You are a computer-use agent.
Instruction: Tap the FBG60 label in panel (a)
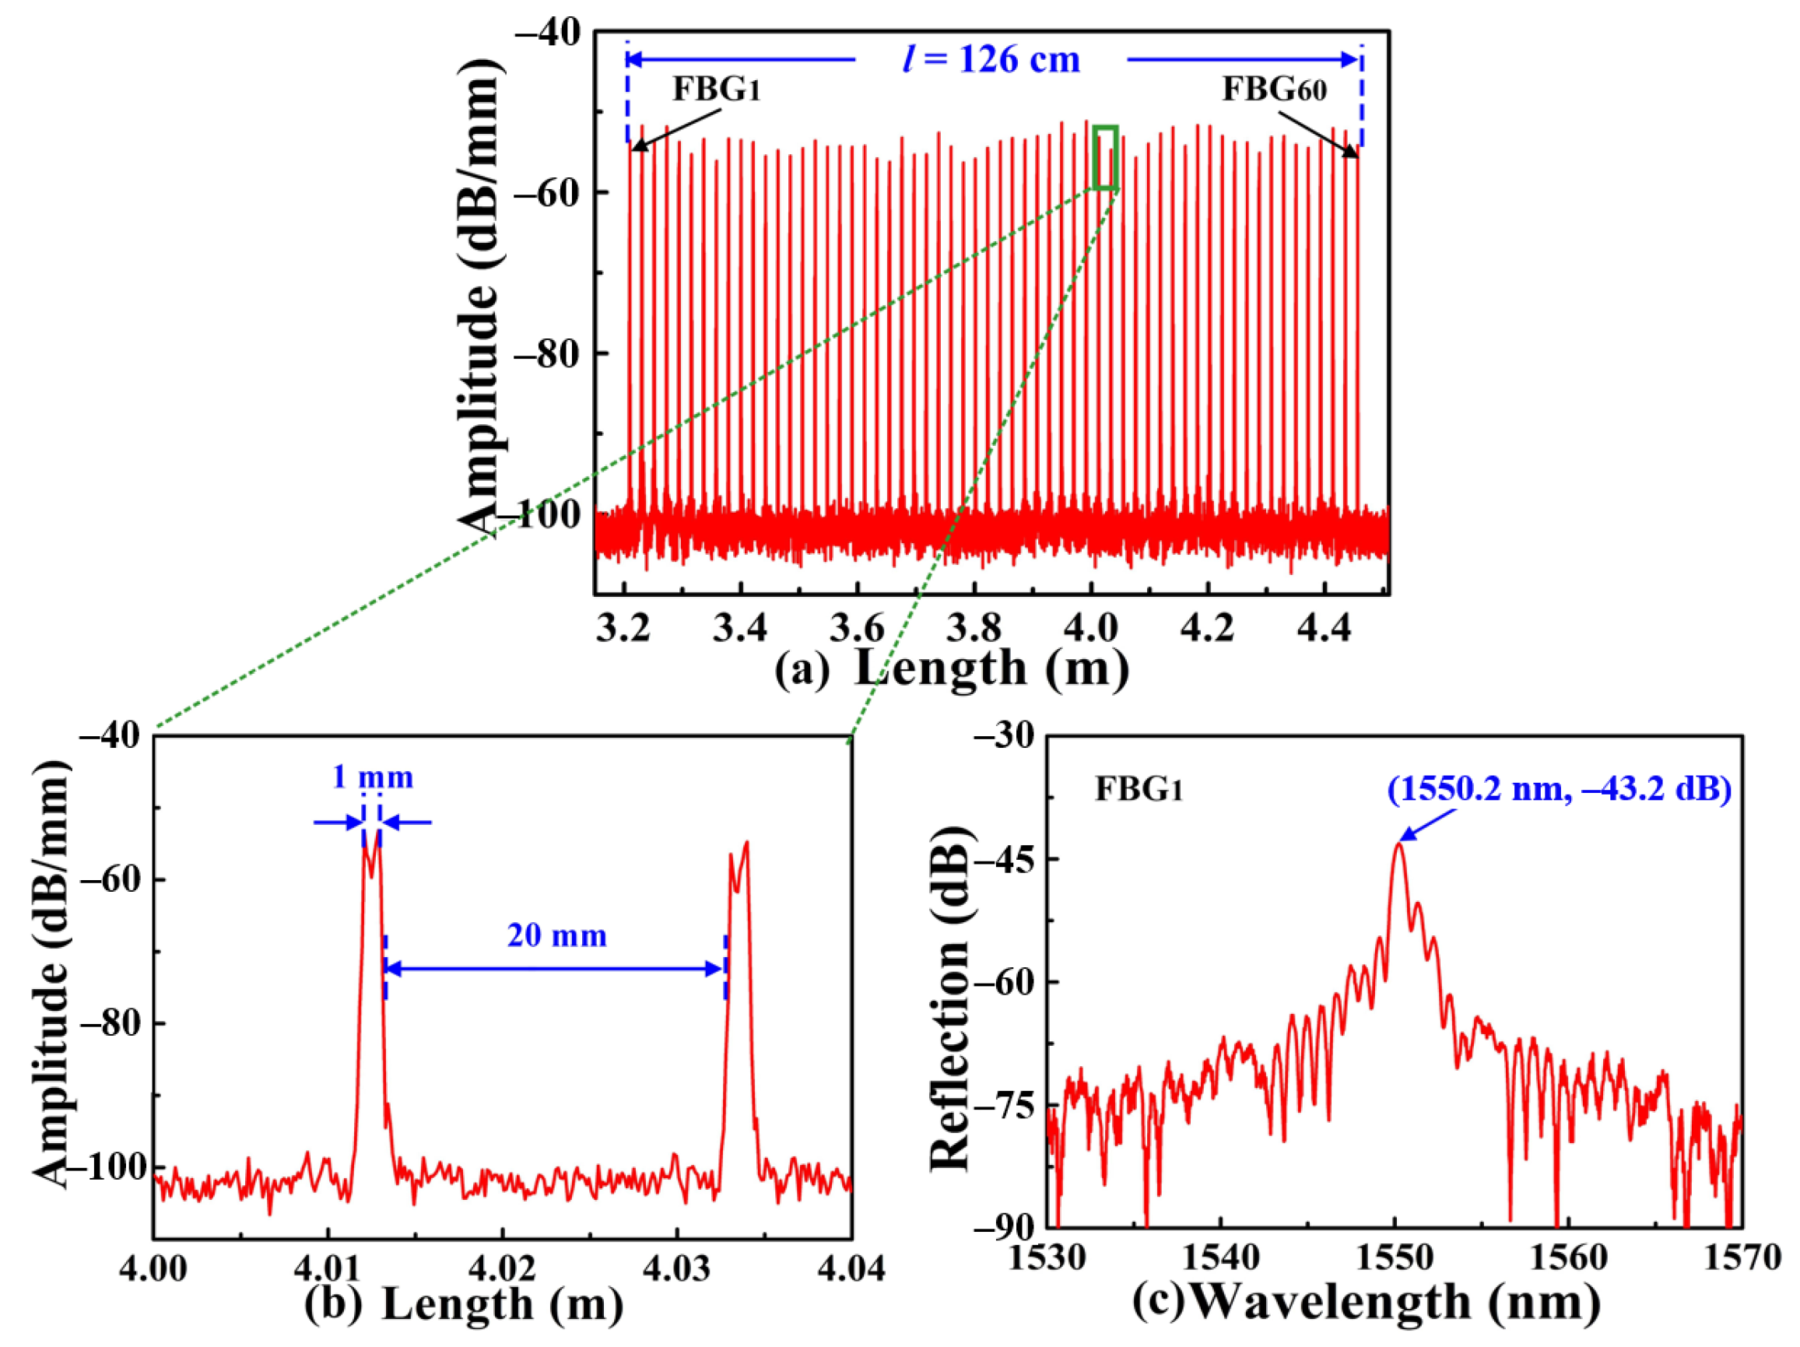tap(1275, 89)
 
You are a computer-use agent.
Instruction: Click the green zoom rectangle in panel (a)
tap(1105, 157)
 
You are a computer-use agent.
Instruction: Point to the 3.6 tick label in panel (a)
tap(856, 629)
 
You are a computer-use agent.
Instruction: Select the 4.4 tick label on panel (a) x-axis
tap(1324, 629)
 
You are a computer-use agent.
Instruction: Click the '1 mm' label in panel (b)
tap(372, 777)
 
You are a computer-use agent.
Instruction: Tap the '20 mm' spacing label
tap(556, 935)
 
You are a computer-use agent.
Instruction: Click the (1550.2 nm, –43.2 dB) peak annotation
tap(1559, 790)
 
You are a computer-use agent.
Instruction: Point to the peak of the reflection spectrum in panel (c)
tap(1398, 845)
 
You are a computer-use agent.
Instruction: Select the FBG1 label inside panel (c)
tap(1138, 790)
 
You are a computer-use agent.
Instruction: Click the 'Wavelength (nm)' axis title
tap(1396, 1300)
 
